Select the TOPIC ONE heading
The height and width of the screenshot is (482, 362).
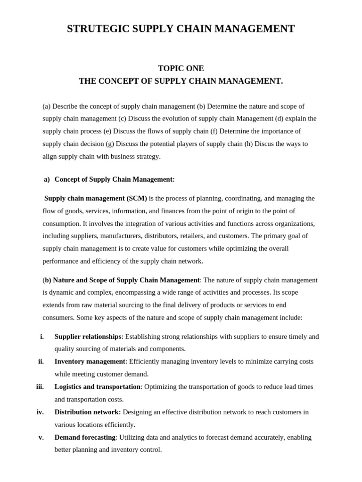[x=181, y=68]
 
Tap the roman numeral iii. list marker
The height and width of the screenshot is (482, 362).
[x=40, y=387]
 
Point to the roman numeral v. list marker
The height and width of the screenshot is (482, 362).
[x=41, y=437]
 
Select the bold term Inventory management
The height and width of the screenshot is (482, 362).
[x=90, y=361]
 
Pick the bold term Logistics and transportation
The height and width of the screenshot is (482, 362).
[x=97, y=387]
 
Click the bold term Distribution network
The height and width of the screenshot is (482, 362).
[x=87, y=412]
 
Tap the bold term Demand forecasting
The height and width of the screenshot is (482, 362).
[x=85, y=437]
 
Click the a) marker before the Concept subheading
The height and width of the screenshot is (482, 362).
[x=47, y=179]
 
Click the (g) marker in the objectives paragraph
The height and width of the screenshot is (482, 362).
[x=109, y=144]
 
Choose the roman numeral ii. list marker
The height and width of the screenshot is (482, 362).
[x=41, y=361]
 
